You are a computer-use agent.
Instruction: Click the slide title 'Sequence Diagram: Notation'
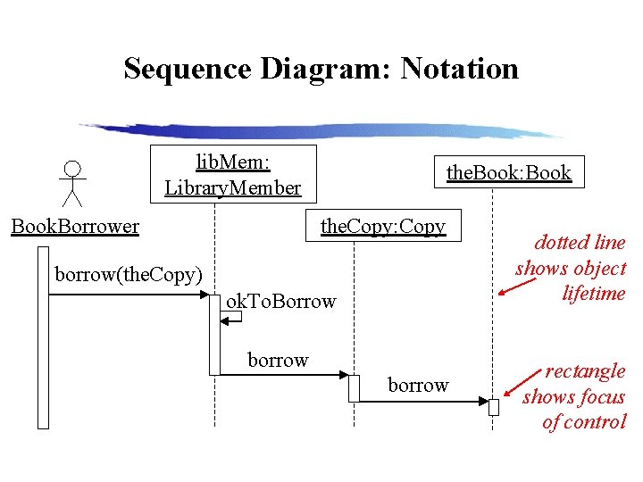pyautogui.click(x=321, y=69)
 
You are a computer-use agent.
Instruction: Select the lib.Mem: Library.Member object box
pyautogui.click(x=232, y=174)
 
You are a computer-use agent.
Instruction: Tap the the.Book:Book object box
pyautogui.click(x=508, y=172)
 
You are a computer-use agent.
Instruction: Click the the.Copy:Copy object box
pyautogui.click(x=382, y=226)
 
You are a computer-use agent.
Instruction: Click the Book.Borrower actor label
pyautogui.click(x=75, y=226)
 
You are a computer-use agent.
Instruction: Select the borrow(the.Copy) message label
pyautogui.click(x=129, y=273)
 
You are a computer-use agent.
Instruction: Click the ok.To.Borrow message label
pyautogui.click(x=280, y=301)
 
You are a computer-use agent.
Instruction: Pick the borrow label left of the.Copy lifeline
pyautogui.click(x=278, y=360)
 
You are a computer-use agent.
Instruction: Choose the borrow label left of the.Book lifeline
pyautogui.click(x=418, y=385)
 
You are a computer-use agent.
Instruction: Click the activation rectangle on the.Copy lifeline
pyautogui.click(x=354, y=388)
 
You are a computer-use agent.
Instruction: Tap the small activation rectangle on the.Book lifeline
pyautogui.click(x=493, y=407)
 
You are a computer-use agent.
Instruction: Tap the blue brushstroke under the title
pyautogui.click(x=321, y=131)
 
